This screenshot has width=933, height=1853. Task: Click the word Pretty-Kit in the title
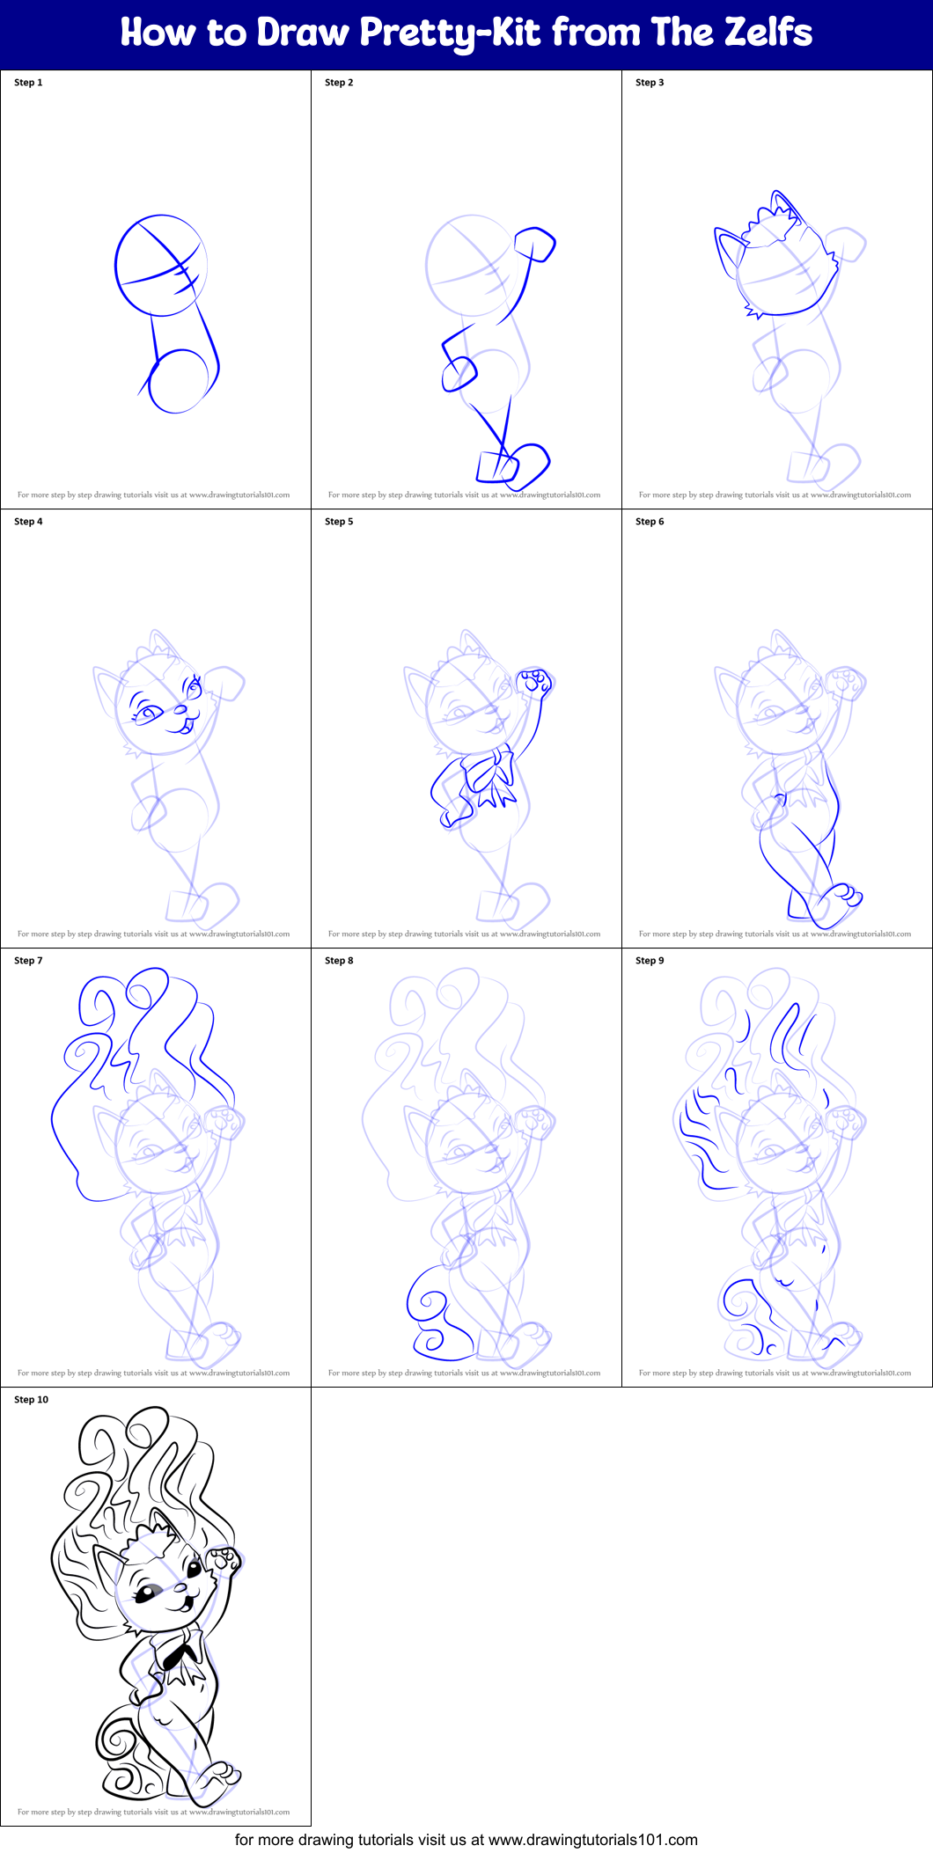(x=450, y=33)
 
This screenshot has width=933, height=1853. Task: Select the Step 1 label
(x=28, y=83)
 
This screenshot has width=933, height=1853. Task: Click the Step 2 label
(x=339, y=83)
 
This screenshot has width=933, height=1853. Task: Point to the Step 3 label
(x=650, y=83)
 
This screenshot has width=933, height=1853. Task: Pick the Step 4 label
(x=28, y=522)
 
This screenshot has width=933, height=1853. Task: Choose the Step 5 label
(x=339, y=522)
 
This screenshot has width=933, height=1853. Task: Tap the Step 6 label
(x=650, y=522)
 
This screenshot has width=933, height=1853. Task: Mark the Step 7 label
(x=28, y=961)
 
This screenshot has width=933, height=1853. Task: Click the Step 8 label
(x=339, y=961)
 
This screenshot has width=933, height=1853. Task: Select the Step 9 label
(x=650, y=961)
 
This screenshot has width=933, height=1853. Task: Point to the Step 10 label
(x=31, y=1400)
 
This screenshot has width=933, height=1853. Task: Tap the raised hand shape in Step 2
(x=535, y=245)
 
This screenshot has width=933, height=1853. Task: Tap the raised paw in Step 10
(x=224, y=1559)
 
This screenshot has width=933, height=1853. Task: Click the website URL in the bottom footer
(x=592, y=1840)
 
